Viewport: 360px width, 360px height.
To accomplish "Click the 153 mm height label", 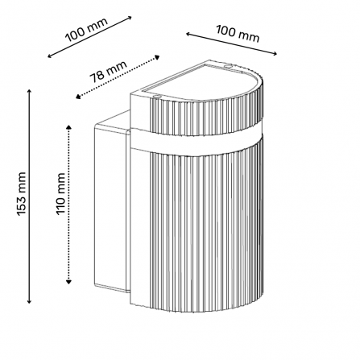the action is click(x=22, y=194).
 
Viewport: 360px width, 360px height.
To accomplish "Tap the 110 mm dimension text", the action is click(x=61, y=194).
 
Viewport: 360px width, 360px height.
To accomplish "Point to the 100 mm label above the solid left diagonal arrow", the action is click(x=87, y=30).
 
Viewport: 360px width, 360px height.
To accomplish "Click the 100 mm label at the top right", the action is click(x=238, y=34).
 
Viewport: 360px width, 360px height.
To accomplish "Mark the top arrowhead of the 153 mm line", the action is click(x=29, y=91).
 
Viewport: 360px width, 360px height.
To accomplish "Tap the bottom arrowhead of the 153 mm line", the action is click(x=29, y=301).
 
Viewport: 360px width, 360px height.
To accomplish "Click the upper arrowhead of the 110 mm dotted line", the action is click(x=68, y=127).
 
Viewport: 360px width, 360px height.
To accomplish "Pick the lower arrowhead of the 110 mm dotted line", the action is click(x=68, y=281).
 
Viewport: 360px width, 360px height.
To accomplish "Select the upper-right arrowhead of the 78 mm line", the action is click(x=157, y=57).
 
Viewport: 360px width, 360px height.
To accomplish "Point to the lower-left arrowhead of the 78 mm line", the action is click(x=78, y=97).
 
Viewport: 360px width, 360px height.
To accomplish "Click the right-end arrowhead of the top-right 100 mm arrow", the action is click(x=275, y=54).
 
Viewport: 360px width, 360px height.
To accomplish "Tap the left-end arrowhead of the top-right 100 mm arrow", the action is click(x=188, y=34).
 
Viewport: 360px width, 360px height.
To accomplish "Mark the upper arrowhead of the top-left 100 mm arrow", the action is click(x=129, y=18).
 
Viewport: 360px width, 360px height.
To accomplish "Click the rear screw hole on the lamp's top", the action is click(x=229, y=65).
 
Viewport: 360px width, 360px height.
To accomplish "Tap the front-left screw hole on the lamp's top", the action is click(x=157, y=96).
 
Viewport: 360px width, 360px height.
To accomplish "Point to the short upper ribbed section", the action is click(x=207, y=115).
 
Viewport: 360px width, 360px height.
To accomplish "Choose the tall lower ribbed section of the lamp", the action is click(x=207, y=228).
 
